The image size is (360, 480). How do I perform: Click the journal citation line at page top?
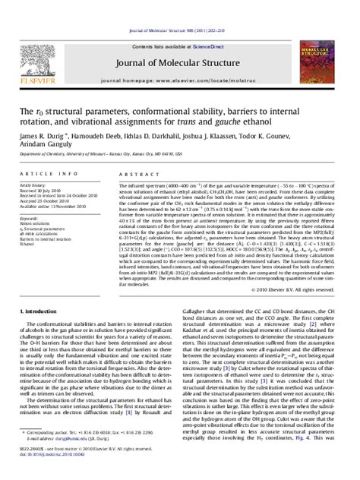(179, 8)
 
